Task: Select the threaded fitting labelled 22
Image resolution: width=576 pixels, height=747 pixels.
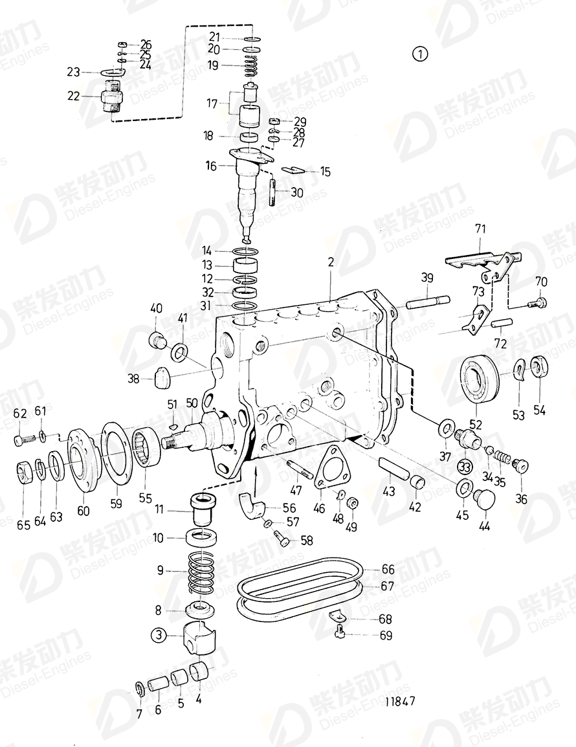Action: coord(113,101)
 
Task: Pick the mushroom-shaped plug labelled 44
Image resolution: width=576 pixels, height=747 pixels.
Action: coord(483,499)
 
